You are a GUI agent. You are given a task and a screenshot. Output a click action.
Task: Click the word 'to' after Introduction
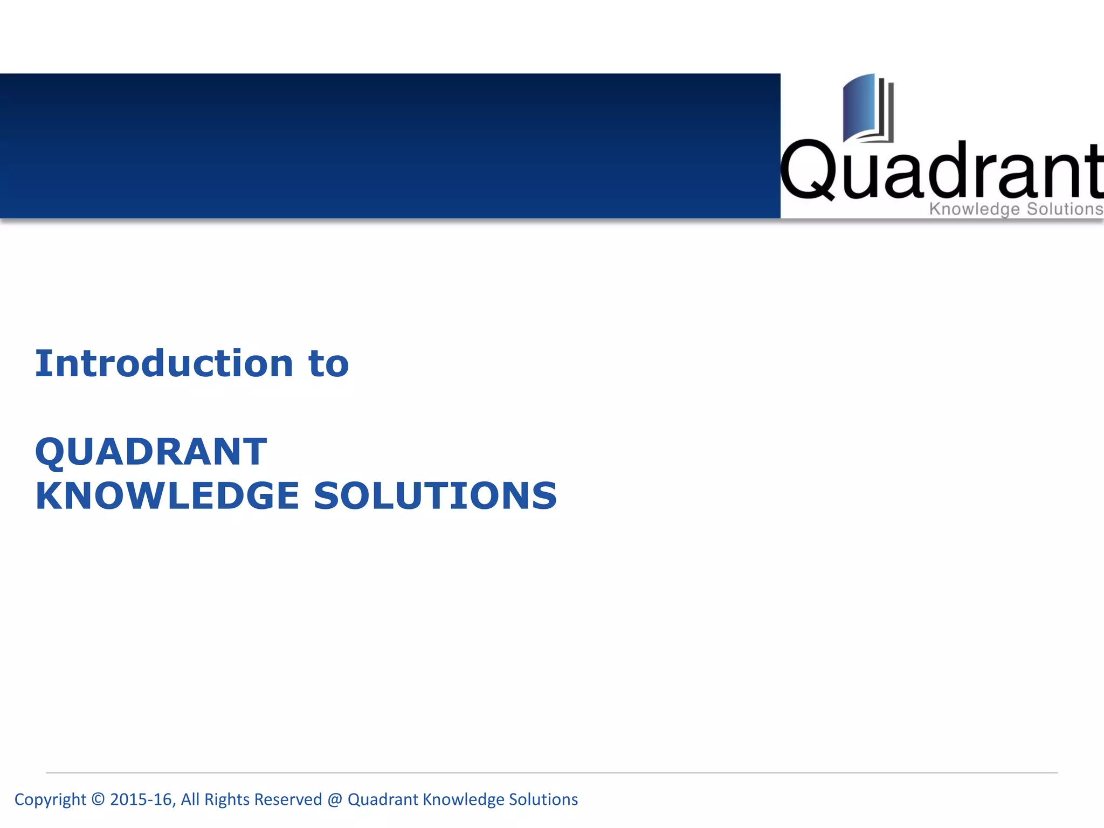coord(329,364)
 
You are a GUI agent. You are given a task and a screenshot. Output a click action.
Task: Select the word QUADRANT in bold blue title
coord(151,452)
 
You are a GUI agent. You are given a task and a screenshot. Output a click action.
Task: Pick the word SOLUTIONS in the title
coord(435,496)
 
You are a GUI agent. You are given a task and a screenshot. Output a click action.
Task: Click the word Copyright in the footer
coord(50,799)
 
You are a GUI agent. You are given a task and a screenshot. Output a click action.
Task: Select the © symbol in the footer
coord(98,799)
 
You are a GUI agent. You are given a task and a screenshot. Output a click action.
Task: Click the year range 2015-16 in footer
coord(141,799)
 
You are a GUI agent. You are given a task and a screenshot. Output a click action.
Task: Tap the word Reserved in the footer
coord(288,799)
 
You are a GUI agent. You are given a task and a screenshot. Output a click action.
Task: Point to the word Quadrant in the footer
coord(383,799)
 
